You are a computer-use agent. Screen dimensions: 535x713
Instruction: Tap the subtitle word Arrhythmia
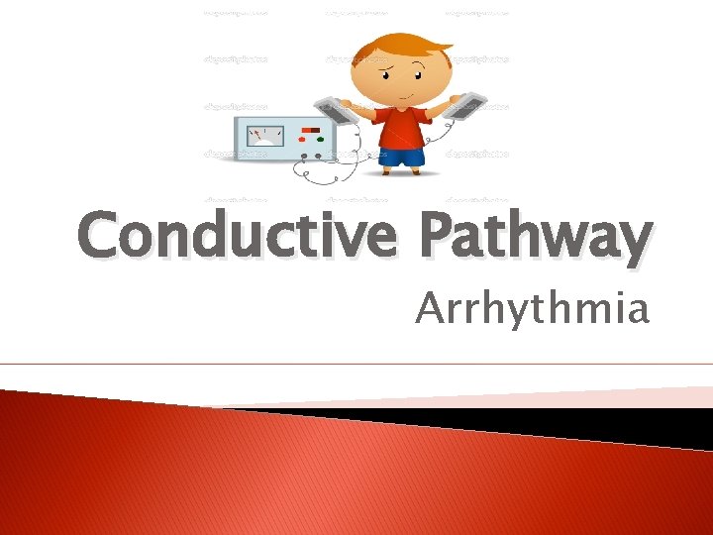[x=532, y=309]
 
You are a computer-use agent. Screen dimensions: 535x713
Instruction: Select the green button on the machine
[x=319, y=140]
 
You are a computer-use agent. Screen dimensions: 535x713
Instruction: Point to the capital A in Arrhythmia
[x=430, y=309]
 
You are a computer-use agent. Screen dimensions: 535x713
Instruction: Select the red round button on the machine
[x=303, y=140]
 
